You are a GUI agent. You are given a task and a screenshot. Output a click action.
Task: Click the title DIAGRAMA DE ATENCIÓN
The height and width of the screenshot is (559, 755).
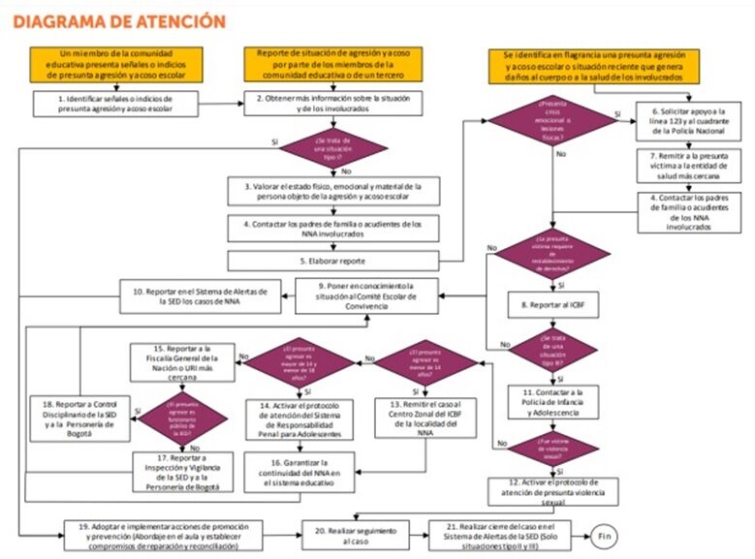pyautogui.click(x=119, y=20)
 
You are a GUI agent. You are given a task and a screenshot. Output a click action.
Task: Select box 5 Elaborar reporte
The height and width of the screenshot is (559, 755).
pyautogui.click(x=332, y=261)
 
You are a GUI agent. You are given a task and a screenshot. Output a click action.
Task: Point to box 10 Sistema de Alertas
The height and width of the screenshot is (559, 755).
pyautogui.click(x=200, y=293)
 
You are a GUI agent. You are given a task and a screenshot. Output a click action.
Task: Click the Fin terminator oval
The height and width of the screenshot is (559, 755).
pyautogui.click(x=603, y=536)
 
